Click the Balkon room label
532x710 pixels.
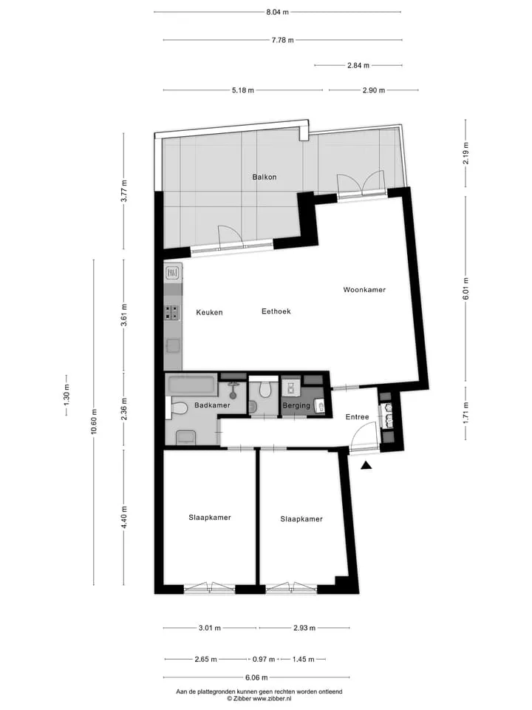click(x=265, y=177)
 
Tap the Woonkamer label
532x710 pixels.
click(x=364, y=290)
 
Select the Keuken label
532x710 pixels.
click(x=209, y=312)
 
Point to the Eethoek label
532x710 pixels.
click(x=276, y=311)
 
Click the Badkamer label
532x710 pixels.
click(x=212, y=405)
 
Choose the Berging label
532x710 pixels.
click(x=296, y=406)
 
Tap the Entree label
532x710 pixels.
click(x=357, y=417)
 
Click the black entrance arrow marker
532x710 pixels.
click(x=366, y=465)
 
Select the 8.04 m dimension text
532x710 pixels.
click(x=277, y=13)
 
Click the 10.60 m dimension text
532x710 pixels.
click(x=94, y=422)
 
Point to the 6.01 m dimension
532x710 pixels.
click(x=466, y=289)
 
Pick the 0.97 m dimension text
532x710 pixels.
click(x=264, y=659)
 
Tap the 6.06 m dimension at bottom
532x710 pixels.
click(x=256, y=678)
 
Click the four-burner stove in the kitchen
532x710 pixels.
click(x=172, y=313)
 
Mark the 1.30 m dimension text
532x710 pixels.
click(x=66, y=395)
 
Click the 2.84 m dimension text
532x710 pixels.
click(x=358, y=66)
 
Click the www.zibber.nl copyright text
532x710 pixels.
click(x=259, y=699)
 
